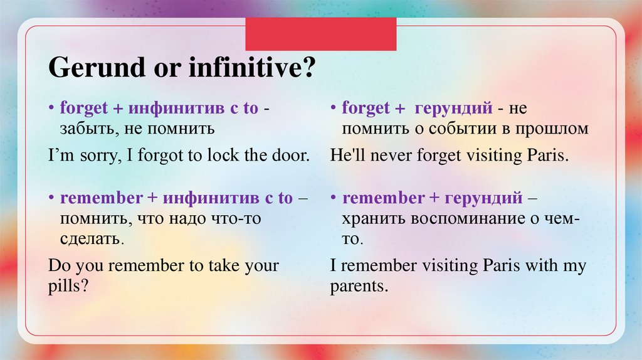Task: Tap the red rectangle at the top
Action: tap(320, 34)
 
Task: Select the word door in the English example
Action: tap(292, 156)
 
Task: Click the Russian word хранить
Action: tap(374, 219)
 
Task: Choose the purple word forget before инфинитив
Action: tap(84, 108)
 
